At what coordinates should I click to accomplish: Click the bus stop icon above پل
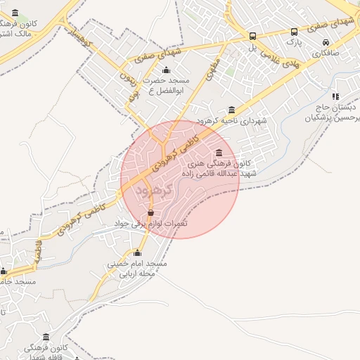pyautogui.click(x=253, y=37)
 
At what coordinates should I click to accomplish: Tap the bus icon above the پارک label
pyautogui.click(x=294, y=31)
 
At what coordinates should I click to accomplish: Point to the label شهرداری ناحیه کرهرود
pyautogui.click(x=233, y=121)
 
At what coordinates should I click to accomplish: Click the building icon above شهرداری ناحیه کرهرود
pyautogui.click(x=233, y=110)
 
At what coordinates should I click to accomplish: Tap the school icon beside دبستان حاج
pyautogui.click(x=335, y=96)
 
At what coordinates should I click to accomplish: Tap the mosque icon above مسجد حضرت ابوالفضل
pyautogui.click(x=166, y=70)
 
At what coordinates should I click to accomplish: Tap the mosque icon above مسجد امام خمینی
pyautogui.click(x=137, y=253)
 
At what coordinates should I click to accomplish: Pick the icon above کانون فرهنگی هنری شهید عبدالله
pyautogui.click(x=219, y=153)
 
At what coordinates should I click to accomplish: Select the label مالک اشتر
pyautogui.click(x=14, y=33)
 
